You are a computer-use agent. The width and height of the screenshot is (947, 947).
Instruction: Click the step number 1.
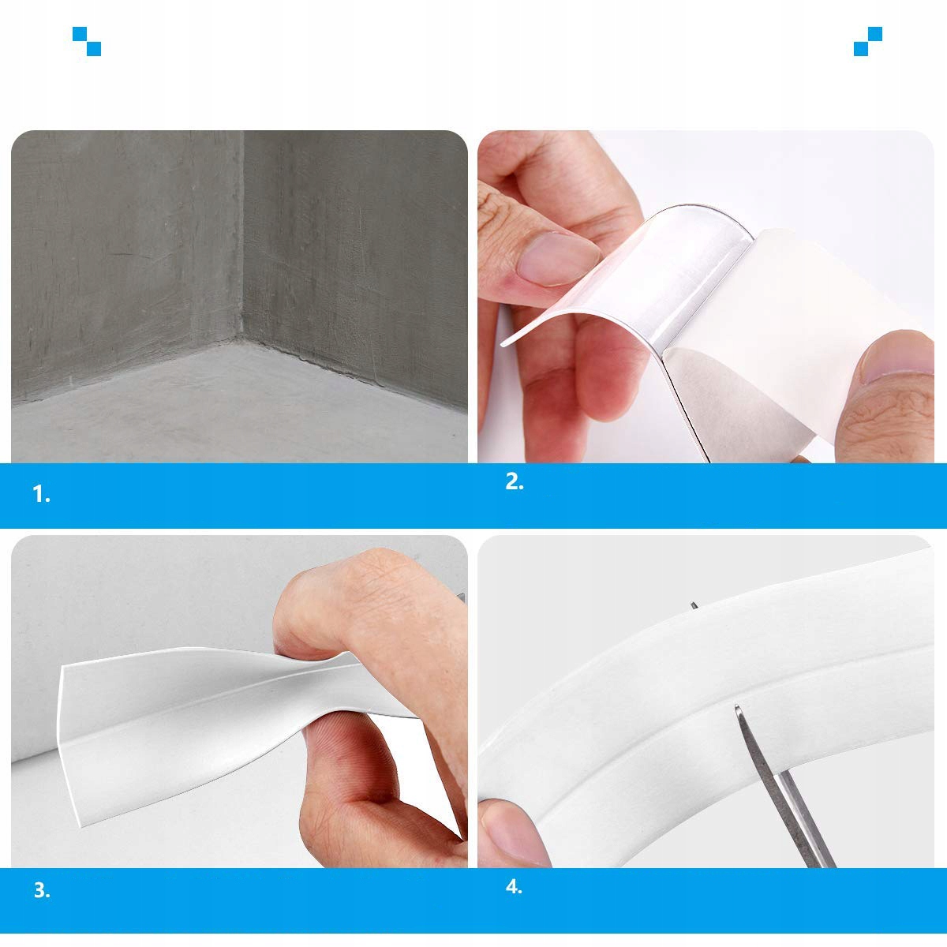click(x=41, y=494)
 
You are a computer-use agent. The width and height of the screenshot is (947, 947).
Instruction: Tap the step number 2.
click(x=514, y=481)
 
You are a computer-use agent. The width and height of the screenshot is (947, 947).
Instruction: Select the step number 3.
click(x=42, y=890)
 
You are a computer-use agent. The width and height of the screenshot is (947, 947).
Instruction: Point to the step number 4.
click(x=514, y=887)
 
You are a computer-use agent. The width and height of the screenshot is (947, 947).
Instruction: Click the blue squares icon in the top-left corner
click(x=87, y=41)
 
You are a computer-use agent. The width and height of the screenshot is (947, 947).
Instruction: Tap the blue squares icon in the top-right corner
click(x=868, y=41)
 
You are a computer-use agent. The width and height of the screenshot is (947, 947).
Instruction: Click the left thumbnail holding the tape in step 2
click(x=557, y=259)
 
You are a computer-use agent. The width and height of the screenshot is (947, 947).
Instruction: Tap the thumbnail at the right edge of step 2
click(x=900, y=356)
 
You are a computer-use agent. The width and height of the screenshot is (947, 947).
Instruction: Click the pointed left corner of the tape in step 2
click(x=502, y=345)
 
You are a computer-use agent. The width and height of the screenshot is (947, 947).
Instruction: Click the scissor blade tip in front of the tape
click(x=737, y=708)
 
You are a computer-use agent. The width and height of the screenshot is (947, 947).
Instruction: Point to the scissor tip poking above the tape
click(x=694, y=605)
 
